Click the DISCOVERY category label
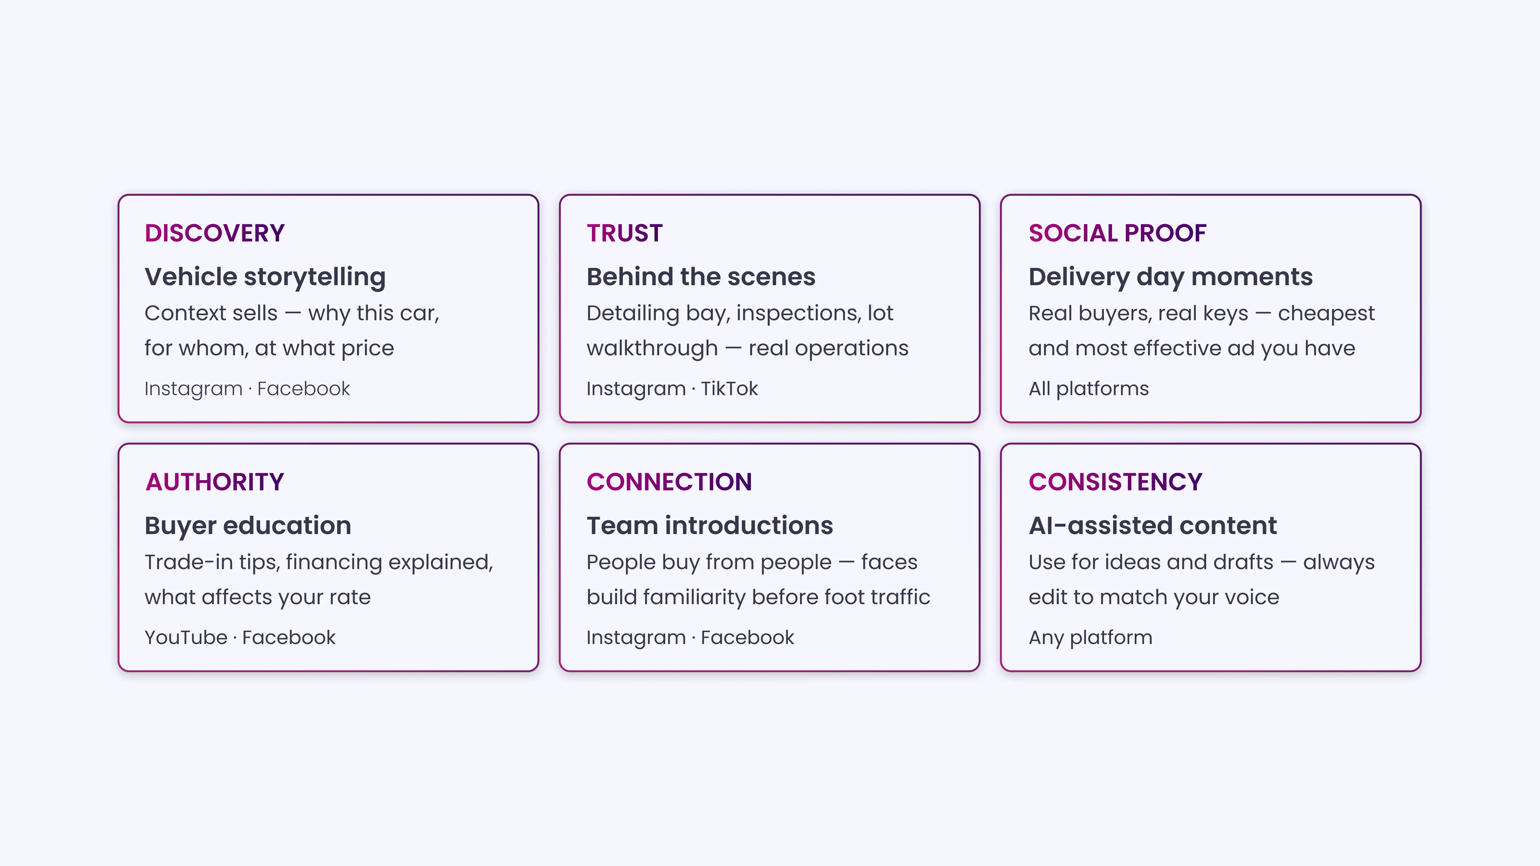tap(214, 233)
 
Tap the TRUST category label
tap(625, 233)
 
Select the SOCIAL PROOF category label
tap(1117, 233)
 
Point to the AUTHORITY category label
tap(214, 482)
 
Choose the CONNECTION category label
tap(669, 482)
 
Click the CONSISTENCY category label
tap(1115, 482)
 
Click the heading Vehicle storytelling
tap(265, 277)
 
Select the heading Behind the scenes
tap(701, 277)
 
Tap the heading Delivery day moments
tap(1170, 277)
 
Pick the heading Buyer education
tap(247, 525)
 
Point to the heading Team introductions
tap(709, 525)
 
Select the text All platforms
tap(1088, 388)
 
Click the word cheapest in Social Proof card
tap(1326, 313)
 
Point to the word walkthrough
tap(652, 348)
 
